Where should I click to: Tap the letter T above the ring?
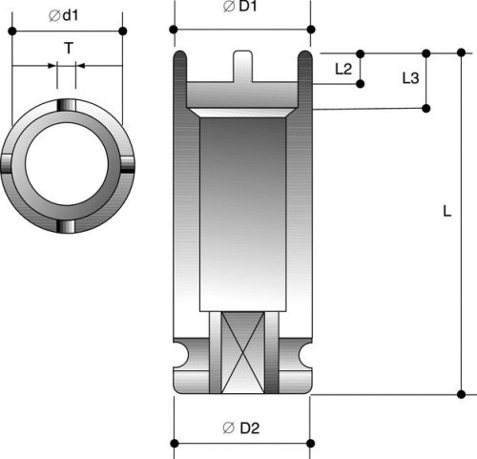pos(67,48)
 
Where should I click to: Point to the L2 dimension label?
pos(344,70)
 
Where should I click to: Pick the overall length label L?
pos(446,212)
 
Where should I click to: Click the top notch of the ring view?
pos(67,104)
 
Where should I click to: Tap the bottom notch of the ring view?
pos(67,225)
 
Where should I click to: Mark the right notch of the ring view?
pos(127,164)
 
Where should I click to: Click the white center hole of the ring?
pos(67,164)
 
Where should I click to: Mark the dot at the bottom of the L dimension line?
pos(462,393)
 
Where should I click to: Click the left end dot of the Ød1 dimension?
pos(11,31)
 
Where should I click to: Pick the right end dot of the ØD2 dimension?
pos(310,442)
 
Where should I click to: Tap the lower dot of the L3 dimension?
pos(426,108)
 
